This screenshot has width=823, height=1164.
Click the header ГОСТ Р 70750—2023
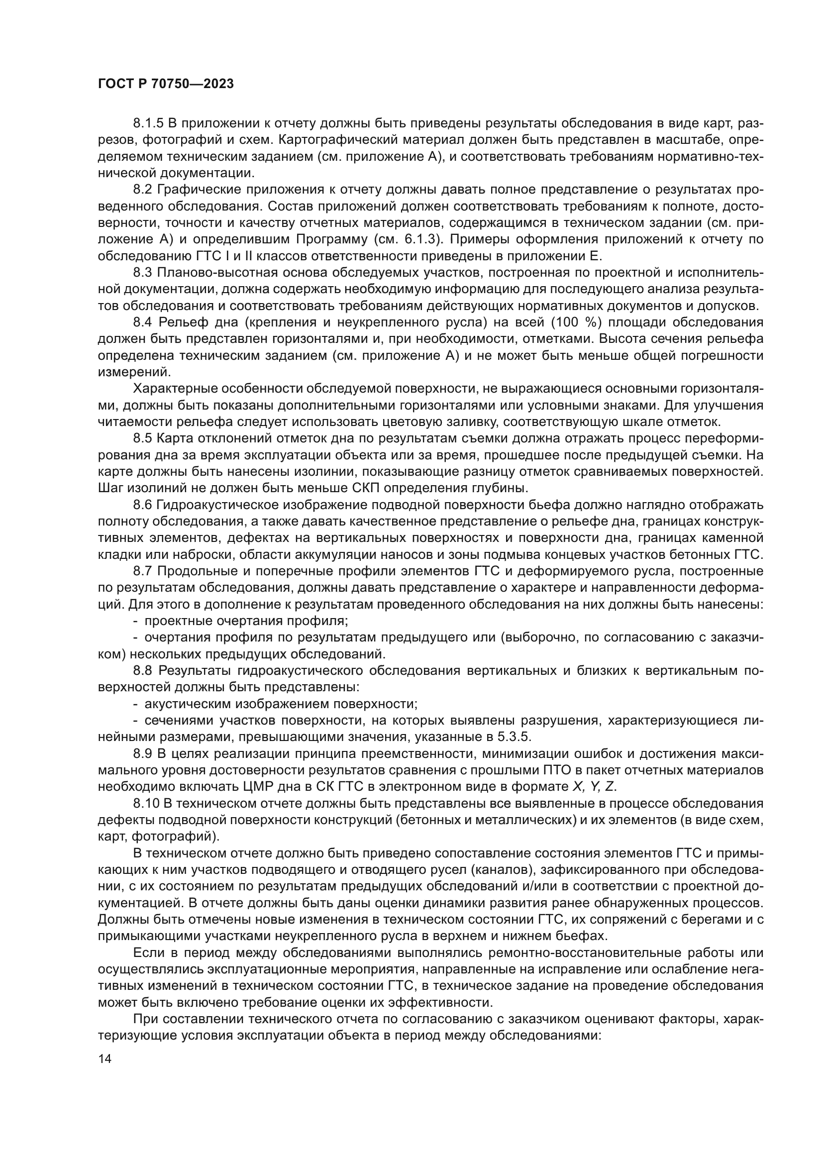(165, 84)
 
